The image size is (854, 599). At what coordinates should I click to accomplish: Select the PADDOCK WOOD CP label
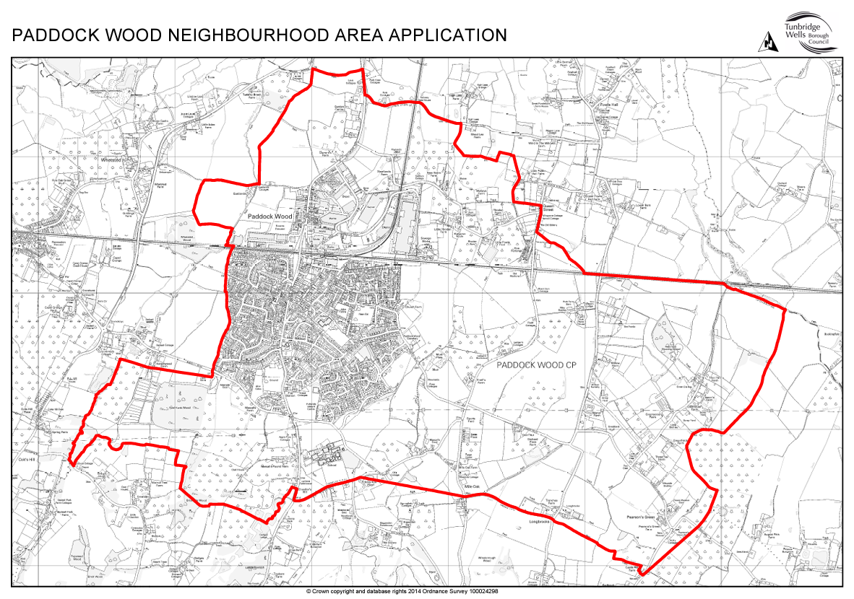530,366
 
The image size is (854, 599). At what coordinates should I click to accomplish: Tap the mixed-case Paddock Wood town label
269,216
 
